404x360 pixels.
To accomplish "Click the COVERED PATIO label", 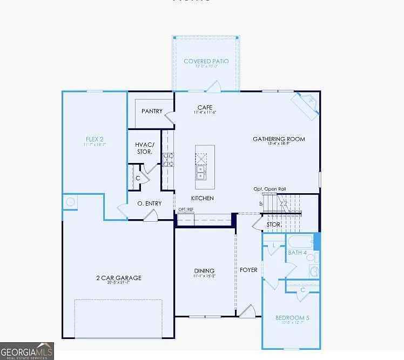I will point(206,62).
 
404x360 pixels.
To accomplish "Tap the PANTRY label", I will point(152,111).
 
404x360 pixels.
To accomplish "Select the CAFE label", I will point(205,107).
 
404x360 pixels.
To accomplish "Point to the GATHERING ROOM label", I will point(279,139).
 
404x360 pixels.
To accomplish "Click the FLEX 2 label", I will point(94,139).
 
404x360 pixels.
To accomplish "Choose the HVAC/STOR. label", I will point(144,148).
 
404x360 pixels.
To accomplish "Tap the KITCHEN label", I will point(203,198).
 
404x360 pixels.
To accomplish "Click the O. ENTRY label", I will point(150,203).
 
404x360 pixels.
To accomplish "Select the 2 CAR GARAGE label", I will point(119,278).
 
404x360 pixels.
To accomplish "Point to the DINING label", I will point(205,271).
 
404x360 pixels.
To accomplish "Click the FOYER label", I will point(249,269).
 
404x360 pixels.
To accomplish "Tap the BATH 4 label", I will point(297,253).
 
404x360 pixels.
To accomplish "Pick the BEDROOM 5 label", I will point(292,318).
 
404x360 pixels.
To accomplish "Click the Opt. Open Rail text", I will point(270,189).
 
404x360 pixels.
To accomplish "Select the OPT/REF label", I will point(186,209).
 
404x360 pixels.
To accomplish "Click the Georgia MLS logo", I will point(27,351).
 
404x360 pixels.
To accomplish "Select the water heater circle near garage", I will point(70,202).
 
